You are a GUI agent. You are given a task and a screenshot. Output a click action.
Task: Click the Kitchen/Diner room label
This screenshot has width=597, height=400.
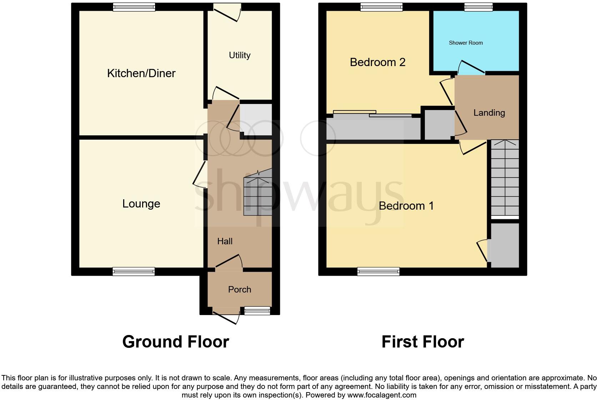click(141, 73)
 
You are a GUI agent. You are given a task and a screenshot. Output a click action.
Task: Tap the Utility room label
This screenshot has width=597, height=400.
click(240, 55)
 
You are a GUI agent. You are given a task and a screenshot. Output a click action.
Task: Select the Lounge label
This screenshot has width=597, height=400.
click(141, 204)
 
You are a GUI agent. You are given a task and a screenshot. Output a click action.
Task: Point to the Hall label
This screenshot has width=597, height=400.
click(225, 241)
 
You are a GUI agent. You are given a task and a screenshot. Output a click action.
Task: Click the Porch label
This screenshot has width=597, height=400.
click(240, 289)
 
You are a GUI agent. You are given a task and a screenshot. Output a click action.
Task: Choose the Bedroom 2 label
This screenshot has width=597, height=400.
click(377, 62)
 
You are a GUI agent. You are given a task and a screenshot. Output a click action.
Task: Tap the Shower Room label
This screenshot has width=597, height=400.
click(466, 43)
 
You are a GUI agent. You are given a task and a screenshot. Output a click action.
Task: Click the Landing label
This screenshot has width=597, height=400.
click(489, 113)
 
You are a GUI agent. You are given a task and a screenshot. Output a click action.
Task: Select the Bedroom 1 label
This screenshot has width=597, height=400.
click(406, 206)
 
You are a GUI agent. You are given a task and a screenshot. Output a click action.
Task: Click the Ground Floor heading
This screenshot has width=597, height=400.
click(175, 342)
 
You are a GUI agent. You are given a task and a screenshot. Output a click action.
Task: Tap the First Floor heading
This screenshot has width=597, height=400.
click(422, 342)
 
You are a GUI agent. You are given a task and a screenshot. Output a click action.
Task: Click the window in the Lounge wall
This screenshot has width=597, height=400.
click(134, 271)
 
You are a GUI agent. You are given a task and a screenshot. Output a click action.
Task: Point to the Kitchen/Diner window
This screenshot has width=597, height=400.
click(134, 7)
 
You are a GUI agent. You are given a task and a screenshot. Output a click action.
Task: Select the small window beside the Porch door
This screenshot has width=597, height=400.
click(257, 311)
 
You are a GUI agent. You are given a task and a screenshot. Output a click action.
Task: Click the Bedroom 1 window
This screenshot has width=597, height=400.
click(378, 271)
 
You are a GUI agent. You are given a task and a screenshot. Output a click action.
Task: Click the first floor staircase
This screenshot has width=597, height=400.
click(505, 179)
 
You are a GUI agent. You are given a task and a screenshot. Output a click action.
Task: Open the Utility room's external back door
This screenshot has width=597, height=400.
click(227, 12)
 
